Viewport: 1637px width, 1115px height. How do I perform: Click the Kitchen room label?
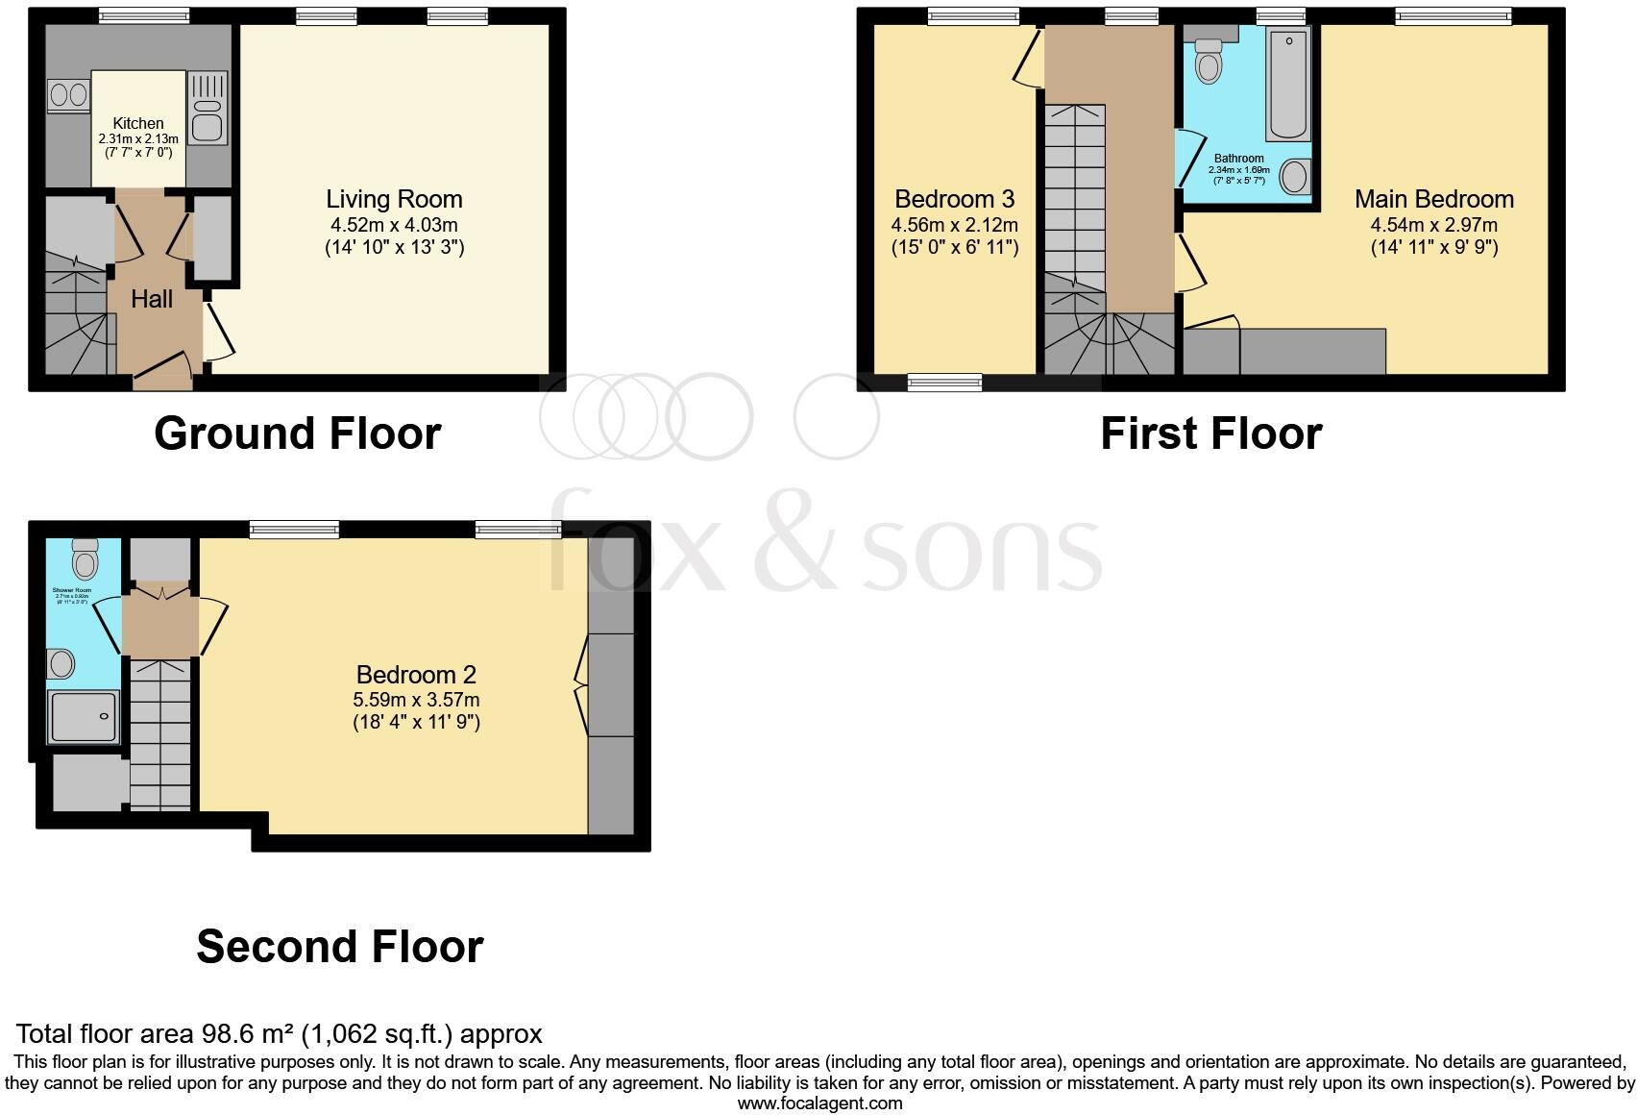click(138, 123)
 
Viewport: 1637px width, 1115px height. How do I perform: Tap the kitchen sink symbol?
click(208, 109)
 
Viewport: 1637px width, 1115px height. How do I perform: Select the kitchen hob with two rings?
click(68, 95)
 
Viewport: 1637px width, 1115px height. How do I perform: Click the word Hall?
click(152, 299)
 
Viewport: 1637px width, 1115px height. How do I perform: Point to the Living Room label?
click(394, 199)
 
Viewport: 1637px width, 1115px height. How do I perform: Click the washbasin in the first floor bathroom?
click(1295, 177)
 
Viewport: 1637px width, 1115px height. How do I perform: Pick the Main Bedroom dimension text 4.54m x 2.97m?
click(1434, 225)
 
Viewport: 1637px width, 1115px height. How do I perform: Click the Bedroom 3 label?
click(954, 199)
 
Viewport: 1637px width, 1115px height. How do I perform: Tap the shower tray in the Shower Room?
click(84, 716)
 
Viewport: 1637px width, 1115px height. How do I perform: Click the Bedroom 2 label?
click(416, 675)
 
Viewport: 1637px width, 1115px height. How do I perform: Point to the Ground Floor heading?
click(297, 434)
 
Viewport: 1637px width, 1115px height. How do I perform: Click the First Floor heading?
click(1210, 434)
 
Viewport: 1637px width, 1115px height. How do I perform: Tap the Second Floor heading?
click(339, 947)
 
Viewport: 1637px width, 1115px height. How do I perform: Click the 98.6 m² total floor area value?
click(247, 1034)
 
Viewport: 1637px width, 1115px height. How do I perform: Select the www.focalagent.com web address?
click(819, 1103)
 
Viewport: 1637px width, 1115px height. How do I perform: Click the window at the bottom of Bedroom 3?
click(944, 383)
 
